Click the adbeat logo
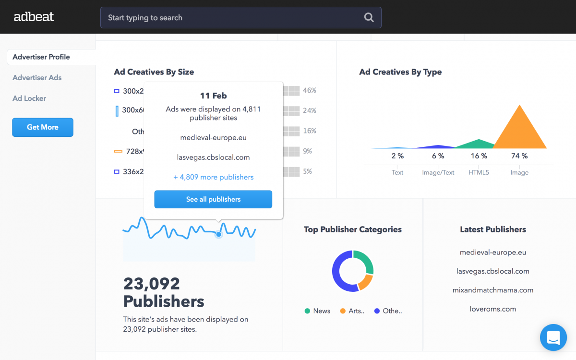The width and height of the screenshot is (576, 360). pyautogui.click(x=34, y=17)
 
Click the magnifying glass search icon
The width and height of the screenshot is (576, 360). pyautogui.click(x=369, y=18)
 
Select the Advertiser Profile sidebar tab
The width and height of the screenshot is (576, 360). pyautogui.click(x=41, y=57)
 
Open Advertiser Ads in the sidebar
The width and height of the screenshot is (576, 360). pyautogui.click(x=37, y=78)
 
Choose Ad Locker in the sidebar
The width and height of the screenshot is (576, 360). pyautogui.click(x=29, y=98)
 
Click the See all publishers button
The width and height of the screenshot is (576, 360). pyautogui.click(x=213, y=199)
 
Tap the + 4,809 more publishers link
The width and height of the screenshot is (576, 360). pyautogui.click(x=213, y=177)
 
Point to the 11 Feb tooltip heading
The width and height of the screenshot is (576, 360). pyautogui.click(x=213, y=96)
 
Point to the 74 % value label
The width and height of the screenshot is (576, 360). pyautogui.click(x=519, y=156)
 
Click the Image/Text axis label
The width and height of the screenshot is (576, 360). pyautogui.click(x=438, y=172)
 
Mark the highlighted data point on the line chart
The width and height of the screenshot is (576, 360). pyautogui.click(x=218, y=234)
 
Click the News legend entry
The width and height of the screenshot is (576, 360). pyautogui.click(x=317, y=311)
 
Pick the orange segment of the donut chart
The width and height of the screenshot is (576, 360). pyautogui.click(x=366, y=282)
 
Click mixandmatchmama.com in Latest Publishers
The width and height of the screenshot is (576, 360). pyautogui.click(x=492, y=290)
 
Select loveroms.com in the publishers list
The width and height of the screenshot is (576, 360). pyautogui.click(x=492, y=309)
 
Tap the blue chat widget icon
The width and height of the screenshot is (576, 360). pyautogui.click(x=553, y=337)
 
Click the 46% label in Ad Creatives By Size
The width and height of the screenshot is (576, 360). pyautogui.click(x=310, y=91)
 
